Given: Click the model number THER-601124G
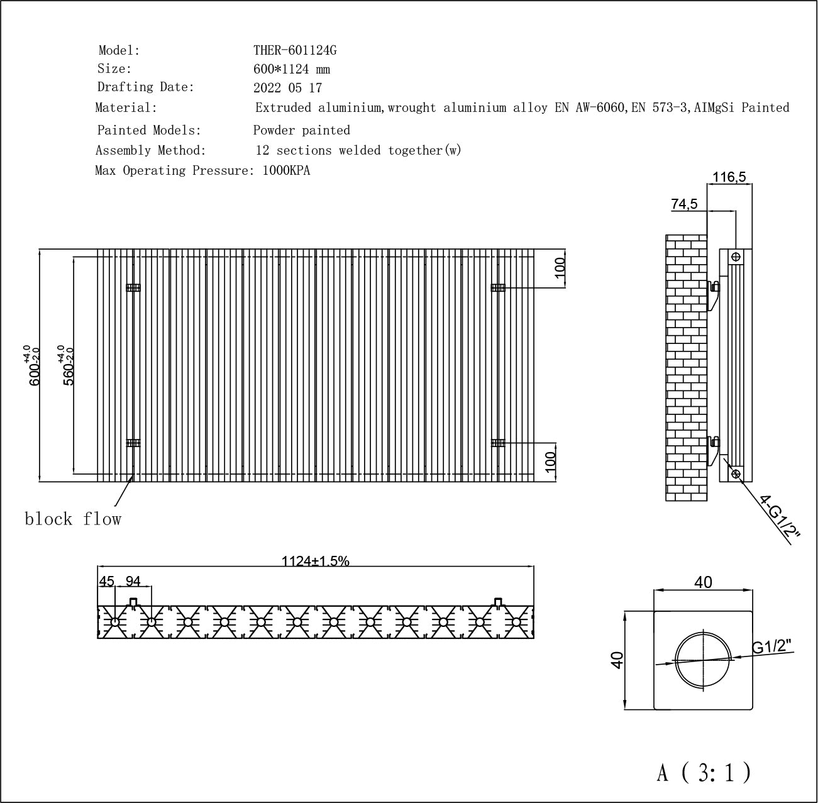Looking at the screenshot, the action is click(295, 50).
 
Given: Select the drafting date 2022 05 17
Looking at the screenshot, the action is click(288, 88).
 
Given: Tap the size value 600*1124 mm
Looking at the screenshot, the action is click(292, 69).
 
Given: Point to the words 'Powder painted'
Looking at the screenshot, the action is click(301, 130).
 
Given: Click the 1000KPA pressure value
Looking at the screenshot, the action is click(286, 170).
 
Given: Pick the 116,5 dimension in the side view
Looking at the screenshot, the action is click(729, 177).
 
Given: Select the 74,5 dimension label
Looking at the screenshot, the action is click(684, 204).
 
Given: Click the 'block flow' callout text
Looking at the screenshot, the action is click(73, 519).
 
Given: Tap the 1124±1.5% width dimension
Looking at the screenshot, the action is click(316, 561).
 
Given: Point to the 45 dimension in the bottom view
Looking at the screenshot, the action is click(106, 581).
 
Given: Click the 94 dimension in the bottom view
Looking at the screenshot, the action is click(133, 581).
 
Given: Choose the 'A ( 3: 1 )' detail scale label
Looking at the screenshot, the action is click(704, 772).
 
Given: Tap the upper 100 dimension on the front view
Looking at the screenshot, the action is click(560, 267).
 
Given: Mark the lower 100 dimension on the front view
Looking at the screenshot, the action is click(550, 462).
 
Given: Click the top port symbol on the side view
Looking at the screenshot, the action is click(736, 257).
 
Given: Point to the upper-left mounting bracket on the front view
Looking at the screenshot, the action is click(133, 287).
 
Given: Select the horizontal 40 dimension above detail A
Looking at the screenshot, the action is click(703, 582).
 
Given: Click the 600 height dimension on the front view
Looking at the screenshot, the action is click(33, 365).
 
